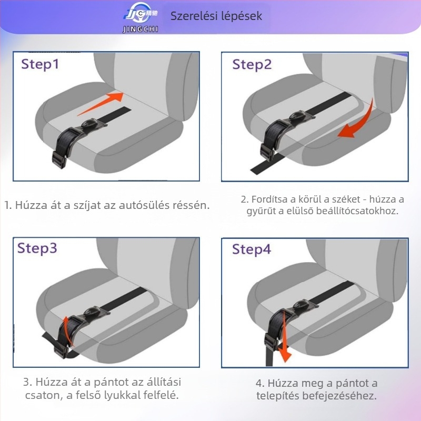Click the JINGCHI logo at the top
(141, 17)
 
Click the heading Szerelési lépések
(216, 16)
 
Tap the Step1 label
(40, 64)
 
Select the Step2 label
(252, 65)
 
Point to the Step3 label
(37, 248)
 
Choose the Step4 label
(252, 249)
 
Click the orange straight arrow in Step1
(101, 104)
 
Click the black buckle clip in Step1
(59, 160)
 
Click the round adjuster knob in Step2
(297, 116)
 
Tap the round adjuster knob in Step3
(92, 312)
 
